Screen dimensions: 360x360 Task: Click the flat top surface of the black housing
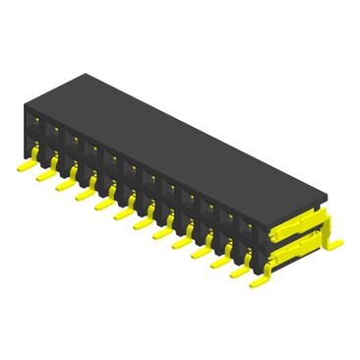(177, 138)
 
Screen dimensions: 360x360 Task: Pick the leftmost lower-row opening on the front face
(36, 150)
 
